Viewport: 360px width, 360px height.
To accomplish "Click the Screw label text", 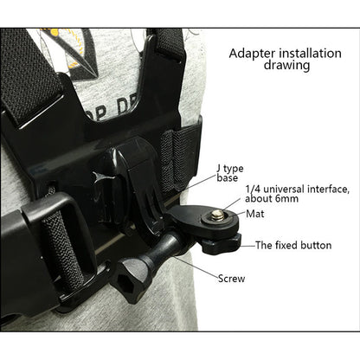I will click(231, 279).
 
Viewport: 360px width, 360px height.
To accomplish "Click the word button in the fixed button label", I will click(313, 245).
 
